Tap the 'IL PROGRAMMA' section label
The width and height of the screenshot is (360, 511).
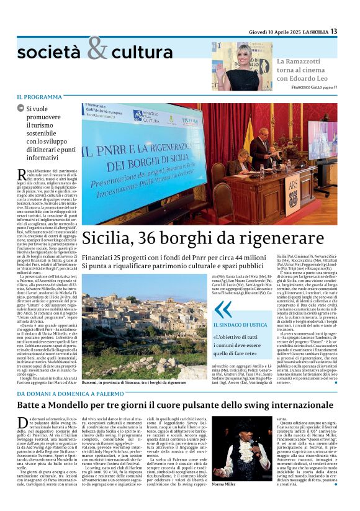point(39,97)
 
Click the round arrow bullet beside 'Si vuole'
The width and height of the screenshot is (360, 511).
point(21,109)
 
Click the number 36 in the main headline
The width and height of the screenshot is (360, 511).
point(161,238)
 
